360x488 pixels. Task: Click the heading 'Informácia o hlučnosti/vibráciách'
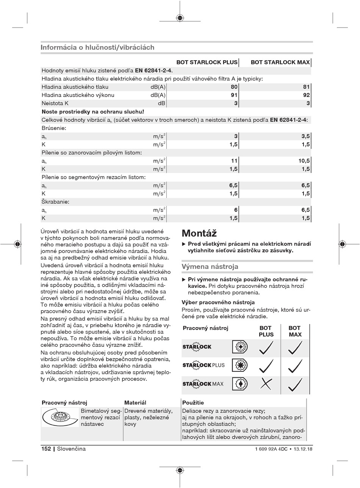pos(97,48)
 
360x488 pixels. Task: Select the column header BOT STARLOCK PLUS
pos(207,62)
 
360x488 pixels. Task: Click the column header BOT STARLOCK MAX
pos(280,62)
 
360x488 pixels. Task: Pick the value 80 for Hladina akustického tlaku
pos(234,87)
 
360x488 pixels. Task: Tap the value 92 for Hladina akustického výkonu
pos(306,95)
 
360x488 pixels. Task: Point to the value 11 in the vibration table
pos(234,161)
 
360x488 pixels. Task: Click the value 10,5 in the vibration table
pos(304,161)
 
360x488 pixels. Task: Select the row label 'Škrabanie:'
pos(55,202)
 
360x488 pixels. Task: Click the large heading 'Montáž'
pos(199,233)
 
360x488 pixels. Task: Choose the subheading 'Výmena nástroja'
pos(210,267)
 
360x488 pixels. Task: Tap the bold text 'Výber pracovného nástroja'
pos(218,302)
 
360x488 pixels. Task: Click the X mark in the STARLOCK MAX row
pos(266,384)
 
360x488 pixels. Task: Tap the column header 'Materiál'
pos(135,403)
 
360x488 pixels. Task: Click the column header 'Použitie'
pos(193,403)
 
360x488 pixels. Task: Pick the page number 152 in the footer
pos(46,449)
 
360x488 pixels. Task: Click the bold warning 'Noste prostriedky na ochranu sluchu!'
pos(93,112)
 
